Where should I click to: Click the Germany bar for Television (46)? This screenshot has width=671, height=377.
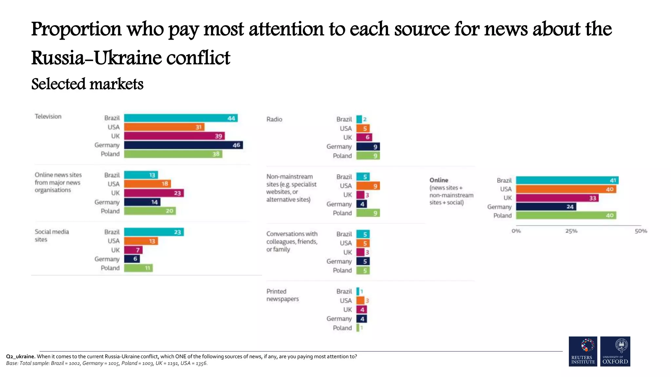pos(183,145)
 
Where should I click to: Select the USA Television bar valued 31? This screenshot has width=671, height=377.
pos(164,127)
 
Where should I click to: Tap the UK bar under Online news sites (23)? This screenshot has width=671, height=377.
pos(154,193)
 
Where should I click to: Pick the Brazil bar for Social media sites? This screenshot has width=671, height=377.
pos(154,232)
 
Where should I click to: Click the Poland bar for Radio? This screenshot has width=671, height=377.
pos(368,156)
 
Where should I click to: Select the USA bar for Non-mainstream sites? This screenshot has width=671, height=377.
pos(368,186)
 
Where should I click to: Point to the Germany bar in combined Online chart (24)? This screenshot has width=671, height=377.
pos(546,206)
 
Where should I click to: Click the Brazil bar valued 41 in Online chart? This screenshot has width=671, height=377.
pos(567,180)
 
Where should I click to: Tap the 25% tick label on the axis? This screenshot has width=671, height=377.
pos(571,231)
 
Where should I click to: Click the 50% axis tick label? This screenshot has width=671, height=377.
pos(641,231)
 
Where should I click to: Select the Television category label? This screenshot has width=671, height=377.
pos(48,117)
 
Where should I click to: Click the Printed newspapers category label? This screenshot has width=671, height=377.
pos(282,295)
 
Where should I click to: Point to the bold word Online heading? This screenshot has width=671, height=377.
pos(439,180)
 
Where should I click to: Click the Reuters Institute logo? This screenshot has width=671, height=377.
pos(583,351)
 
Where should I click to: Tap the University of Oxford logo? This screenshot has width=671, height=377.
pos(615,351)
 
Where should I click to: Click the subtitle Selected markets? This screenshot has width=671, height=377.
pos(87,84)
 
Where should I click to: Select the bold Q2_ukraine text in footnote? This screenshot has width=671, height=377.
pos(20,356)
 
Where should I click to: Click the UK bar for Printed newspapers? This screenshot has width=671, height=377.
pos(362,310)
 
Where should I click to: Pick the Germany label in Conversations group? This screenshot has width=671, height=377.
pos(339,261)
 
